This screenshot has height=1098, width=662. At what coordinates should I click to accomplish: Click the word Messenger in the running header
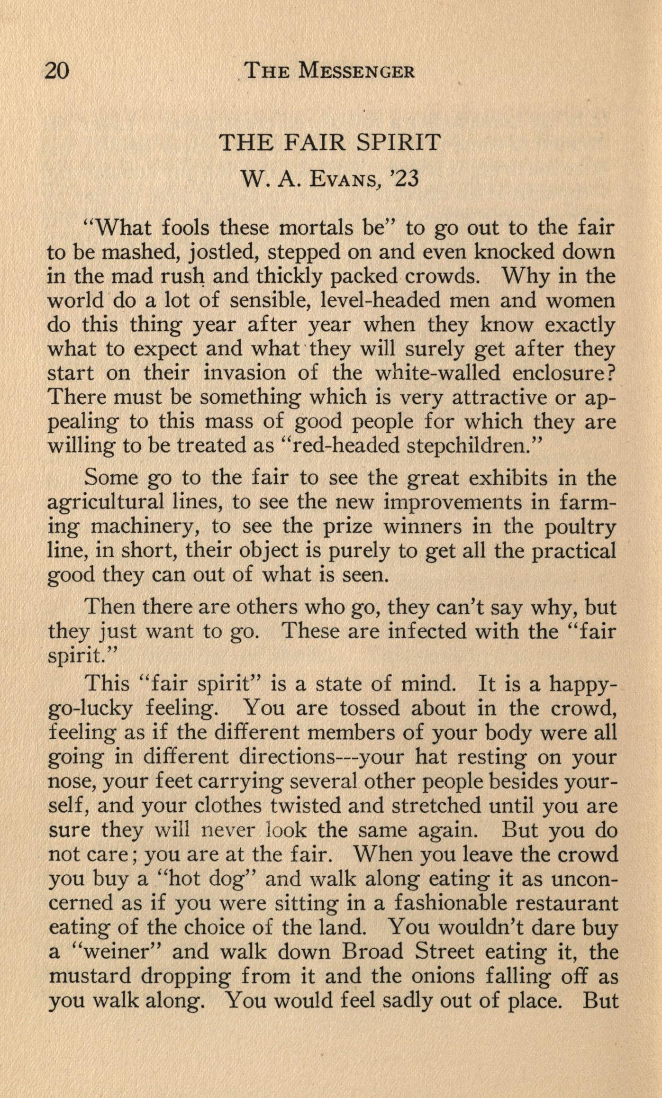(x=358, y=72)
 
